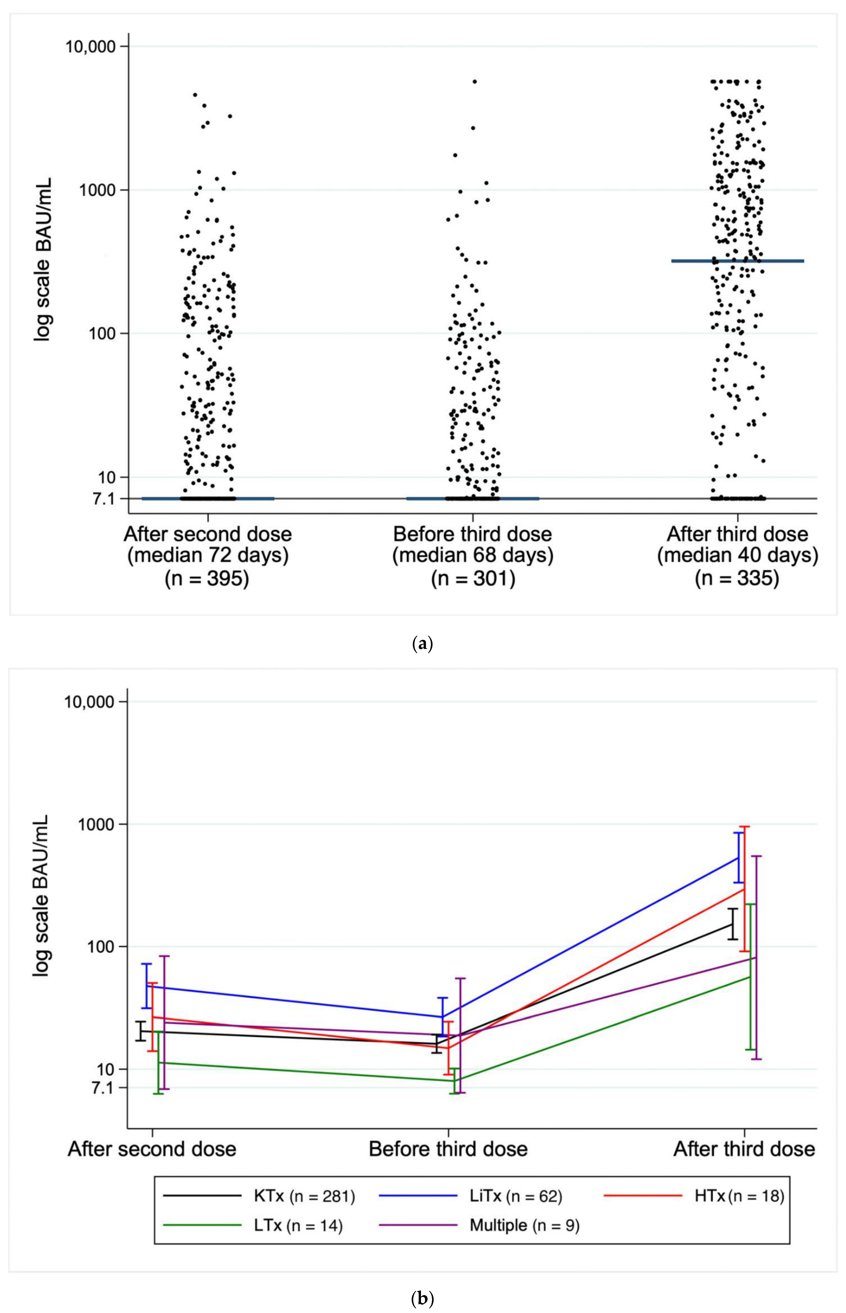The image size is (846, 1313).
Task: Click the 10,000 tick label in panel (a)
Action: [x=91, y=46]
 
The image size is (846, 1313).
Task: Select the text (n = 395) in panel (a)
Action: [x=207, y=578]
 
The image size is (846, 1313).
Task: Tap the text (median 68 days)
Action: [x=472, y=556]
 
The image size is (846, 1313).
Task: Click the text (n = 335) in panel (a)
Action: [x=737, y=578]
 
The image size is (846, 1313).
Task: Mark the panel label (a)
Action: [x=423, y=643]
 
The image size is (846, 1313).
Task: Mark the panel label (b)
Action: [x=423, y=1299]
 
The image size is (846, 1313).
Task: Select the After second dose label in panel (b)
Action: [x=152, y=1149]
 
